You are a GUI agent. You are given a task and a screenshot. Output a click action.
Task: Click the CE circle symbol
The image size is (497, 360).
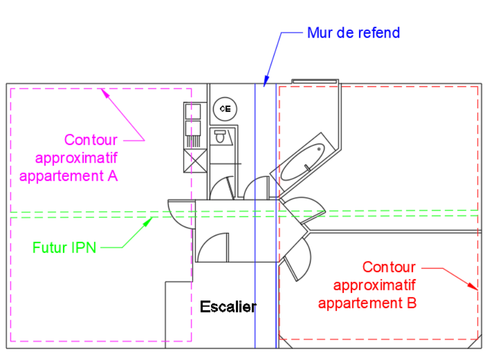225,109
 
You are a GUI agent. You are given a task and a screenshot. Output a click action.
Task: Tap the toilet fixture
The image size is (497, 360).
220,136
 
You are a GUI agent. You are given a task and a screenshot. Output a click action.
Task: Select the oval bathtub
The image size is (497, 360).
303,163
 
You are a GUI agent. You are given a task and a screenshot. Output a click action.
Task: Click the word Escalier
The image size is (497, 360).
228,306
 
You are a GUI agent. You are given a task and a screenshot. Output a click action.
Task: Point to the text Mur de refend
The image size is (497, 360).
353,33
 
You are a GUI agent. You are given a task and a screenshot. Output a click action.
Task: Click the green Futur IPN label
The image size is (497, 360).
64,247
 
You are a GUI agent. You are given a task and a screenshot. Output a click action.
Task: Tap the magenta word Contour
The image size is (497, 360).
90,139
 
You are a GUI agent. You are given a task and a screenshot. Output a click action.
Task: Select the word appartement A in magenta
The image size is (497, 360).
68,176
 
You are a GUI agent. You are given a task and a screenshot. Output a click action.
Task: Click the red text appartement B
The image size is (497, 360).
367,303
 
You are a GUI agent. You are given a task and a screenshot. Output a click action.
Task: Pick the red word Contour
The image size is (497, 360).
389,267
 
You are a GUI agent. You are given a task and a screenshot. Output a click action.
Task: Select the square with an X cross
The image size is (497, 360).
195,161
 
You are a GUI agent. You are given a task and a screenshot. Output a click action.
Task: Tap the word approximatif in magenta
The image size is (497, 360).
76,158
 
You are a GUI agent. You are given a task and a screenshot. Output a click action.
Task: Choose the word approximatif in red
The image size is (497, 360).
374,285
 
